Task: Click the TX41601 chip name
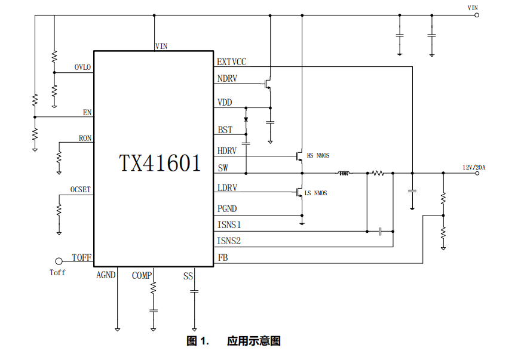[x=160, y=163]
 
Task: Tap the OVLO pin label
[x=82, y=67]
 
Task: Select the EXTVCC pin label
[x=231, y=61]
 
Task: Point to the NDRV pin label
[x=227, y=79]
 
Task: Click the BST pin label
[x=225, y=130]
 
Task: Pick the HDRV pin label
[x=227, y=151]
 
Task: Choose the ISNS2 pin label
[x=229, y=241]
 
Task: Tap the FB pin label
[x=222, y=258]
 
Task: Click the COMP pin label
[x=142, y=275]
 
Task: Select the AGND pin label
[x=106, y=275]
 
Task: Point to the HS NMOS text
[x=318, y=156]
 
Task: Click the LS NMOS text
[x=315, y=193]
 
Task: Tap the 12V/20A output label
[x=474, y=167]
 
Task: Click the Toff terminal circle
[x=59, y=261]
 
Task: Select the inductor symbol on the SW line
[x=344, y=174]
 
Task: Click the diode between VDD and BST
[x=246, y=119]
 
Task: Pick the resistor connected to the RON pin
[x=59, y=158]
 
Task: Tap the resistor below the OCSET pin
[x=59, y=210]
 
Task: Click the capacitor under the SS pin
[x=194, y=291]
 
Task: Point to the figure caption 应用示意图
[x=253, y=341]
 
